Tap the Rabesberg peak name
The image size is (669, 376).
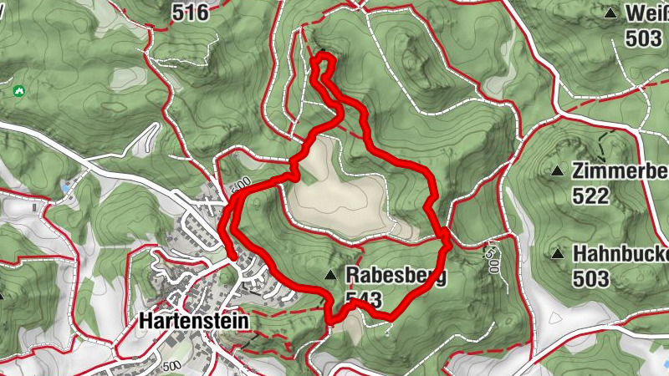pyautogui.click(x=396, y=275)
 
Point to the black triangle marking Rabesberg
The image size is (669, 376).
pyautogui.click(x=332, y=275)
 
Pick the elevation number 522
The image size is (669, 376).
pyautogui.click(x=593, y=196)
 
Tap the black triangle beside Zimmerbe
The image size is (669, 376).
pyautogui.click(x=558, y=171)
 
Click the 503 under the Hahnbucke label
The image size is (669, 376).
pyautogui.click(x=593, y=278)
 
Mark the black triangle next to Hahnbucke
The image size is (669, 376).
pyautogui.click(x=558, y=253)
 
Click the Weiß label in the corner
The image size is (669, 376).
pyautogui.click(x=647, y=14)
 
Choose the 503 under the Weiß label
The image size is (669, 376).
pyautogui.click(x=645, y=38)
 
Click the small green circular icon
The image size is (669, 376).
pyautogui.click(x=18, y=89)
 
